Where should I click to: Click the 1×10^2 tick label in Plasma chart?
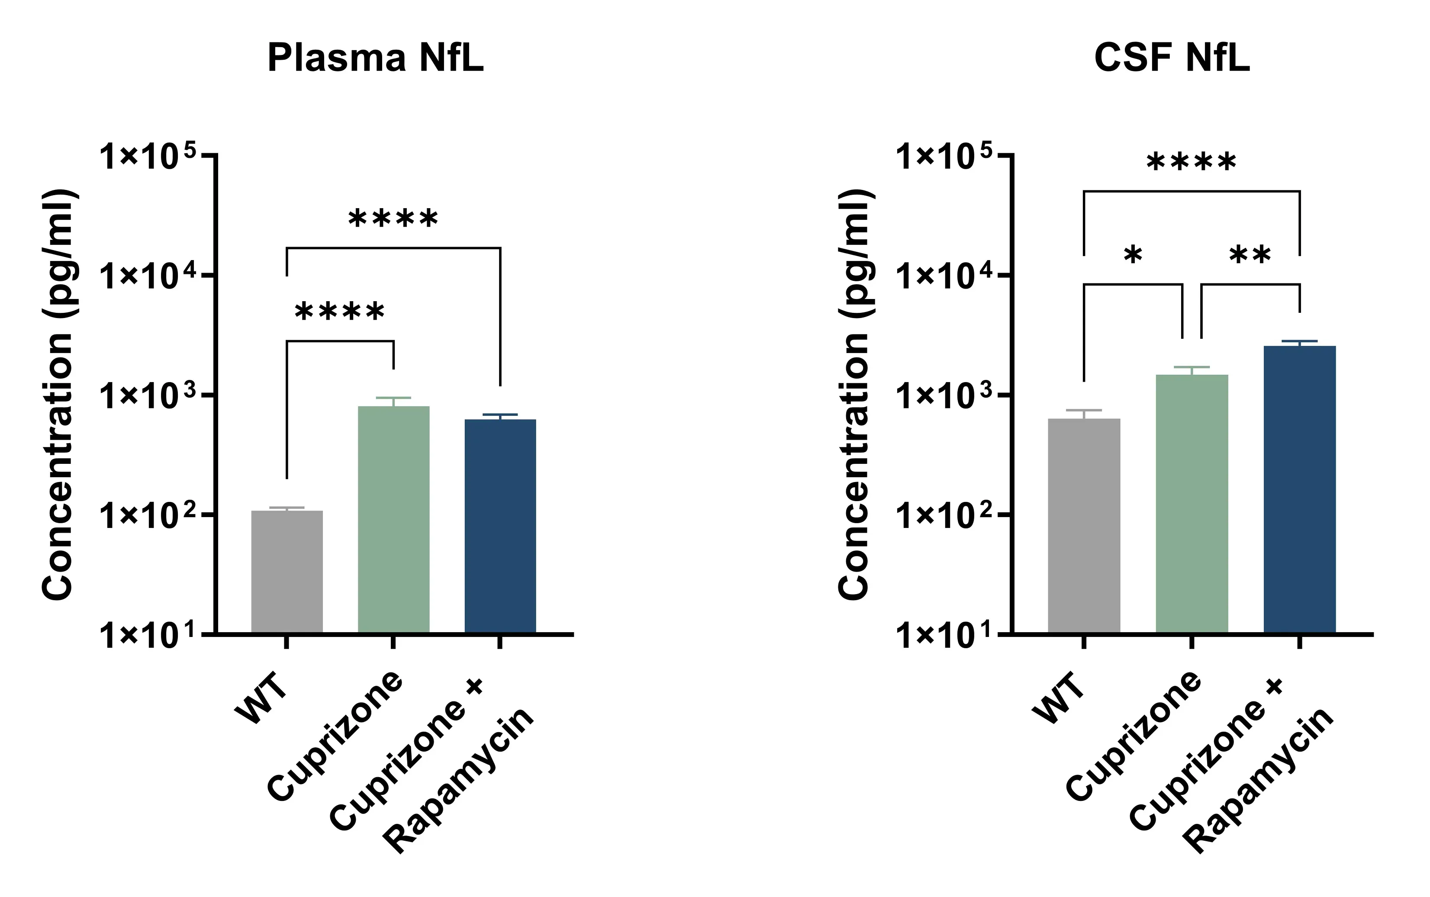(x=147, y=515)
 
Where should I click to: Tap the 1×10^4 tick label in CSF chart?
(x=944, y=276)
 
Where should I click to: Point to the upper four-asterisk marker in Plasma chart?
(x=393, y=219)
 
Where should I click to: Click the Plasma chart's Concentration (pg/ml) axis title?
(x=58, y=395)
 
